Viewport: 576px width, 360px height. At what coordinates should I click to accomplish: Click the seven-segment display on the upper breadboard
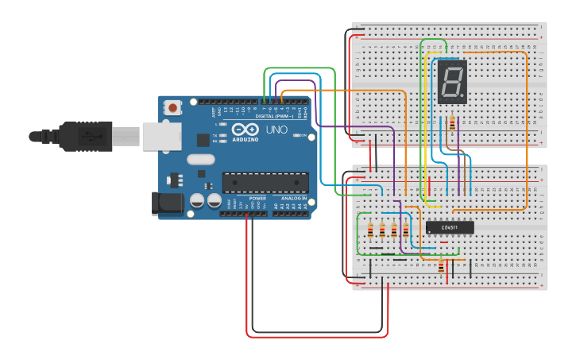451,82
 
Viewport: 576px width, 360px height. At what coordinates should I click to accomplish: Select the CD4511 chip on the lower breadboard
450,227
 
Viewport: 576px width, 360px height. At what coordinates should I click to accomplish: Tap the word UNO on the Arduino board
276,130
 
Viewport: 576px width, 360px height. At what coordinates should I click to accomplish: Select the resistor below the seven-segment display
453,123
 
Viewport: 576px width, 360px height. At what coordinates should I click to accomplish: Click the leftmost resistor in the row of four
370,230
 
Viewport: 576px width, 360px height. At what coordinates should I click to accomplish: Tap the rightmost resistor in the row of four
406,230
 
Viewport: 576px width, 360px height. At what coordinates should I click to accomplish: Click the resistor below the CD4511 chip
442,267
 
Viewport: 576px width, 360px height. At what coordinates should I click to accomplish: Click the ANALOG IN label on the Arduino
292,198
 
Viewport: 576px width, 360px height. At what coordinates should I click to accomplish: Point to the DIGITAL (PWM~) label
275,116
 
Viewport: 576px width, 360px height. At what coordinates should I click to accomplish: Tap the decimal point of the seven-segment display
463,99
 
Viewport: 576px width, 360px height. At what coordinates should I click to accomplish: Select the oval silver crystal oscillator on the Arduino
201,158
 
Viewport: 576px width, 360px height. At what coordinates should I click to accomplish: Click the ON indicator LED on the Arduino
295,135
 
